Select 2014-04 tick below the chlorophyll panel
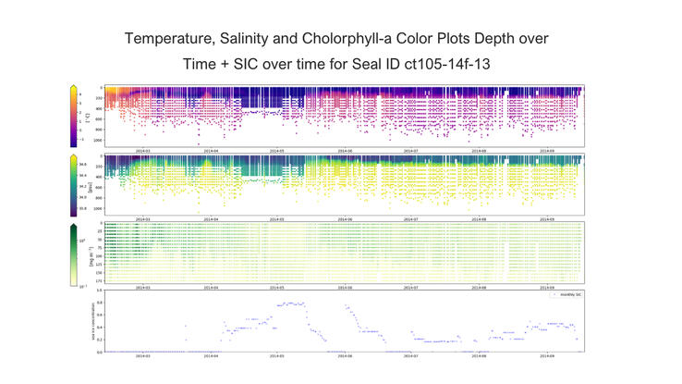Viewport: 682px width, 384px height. coord(212,287)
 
